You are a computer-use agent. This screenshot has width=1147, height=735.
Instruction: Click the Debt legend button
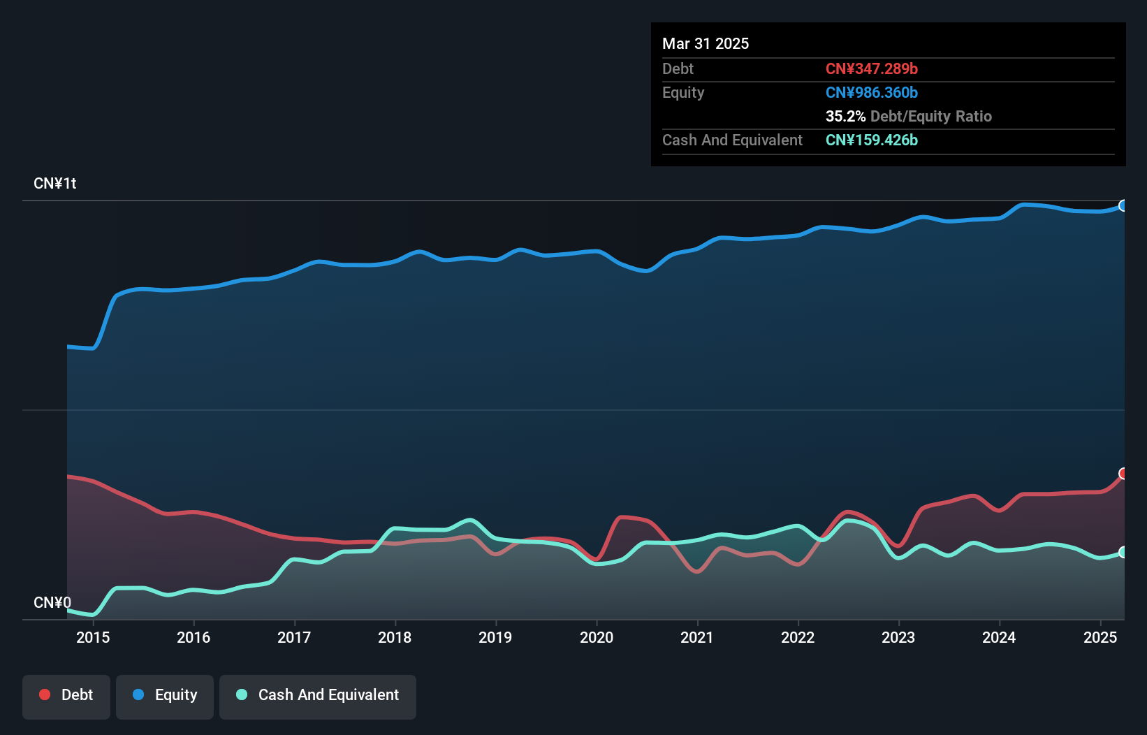(66, 695)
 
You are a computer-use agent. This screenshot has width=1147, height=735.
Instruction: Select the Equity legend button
(165, 695)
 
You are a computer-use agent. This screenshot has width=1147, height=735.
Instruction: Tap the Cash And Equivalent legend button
(318, 695)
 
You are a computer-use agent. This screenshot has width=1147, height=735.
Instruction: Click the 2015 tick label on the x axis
(93, 637)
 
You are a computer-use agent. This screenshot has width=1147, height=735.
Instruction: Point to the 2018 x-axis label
(395, 637)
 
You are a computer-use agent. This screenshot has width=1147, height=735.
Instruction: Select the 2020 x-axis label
(597, 637)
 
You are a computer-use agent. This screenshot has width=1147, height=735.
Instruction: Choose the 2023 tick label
(898, 637)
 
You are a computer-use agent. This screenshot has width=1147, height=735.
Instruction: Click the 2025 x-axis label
(1100, 637)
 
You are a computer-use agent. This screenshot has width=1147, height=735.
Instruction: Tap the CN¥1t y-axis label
(55, 184)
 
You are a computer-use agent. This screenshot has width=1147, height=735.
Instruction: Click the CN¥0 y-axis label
(52, 603)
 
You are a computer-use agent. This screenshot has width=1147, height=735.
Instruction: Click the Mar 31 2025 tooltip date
(706, 44)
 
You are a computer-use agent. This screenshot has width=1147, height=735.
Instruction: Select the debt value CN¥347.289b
(872, 69)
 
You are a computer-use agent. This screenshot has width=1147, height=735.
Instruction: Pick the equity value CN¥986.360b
(872, 93)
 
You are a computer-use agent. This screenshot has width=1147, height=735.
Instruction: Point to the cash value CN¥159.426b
(872, 140)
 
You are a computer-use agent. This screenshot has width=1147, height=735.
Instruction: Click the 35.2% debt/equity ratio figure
(845, 117)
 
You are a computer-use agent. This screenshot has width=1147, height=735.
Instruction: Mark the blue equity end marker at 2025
(1123, 205)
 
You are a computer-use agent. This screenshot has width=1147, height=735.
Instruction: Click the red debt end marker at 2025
(1123, 474)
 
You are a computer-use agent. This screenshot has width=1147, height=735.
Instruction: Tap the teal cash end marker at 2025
(1123, 553)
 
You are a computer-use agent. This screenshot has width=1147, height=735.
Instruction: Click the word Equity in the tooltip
(683, 93)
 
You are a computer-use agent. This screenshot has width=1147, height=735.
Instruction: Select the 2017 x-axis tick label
(294, 637)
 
